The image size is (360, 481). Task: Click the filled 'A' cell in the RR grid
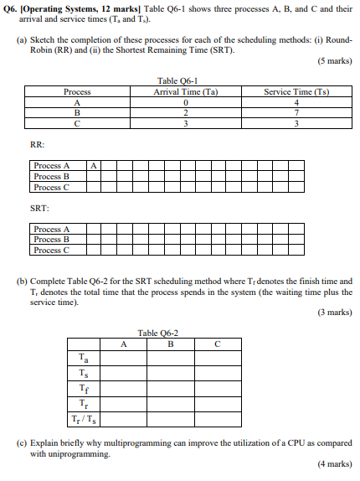[x=95, y=166]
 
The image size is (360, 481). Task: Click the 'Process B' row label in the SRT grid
[x=53, y=240]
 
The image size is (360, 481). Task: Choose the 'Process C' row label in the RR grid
[x=53, y=187]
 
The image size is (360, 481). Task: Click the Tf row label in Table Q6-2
[x=81, y=388]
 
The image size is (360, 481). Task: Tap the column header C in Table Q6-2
[x=217, y=342]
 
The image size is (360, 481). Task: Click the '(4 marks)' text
[x=334, y=463]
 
